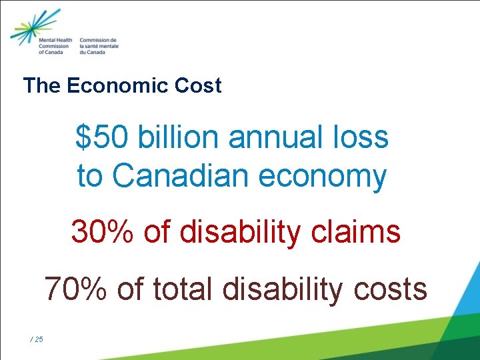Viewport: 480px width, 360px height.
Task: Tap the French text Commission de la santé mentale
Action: pyautogui.click(x=99, y=45)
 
